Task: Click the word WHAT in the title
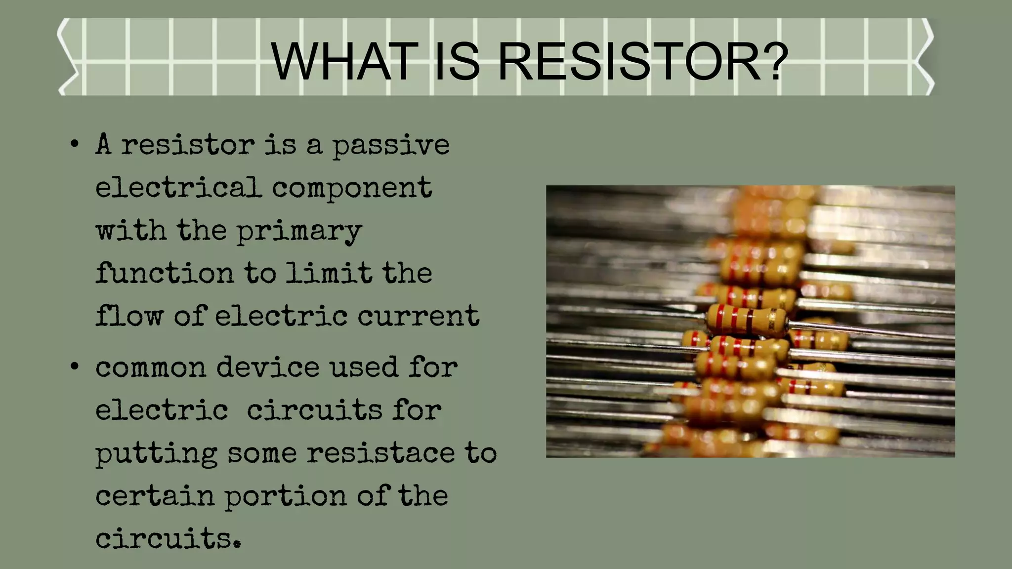344,62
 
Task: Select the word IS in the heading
457,62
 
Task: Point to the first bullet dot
74,145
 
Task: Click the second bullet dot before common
74,367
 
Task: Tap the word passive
390,146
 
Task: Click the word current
418,316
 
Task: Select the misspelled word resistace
380,453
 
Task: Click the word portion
286,496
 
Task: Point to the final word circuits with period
168,538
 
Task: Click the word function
164,273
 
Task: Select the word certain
155,496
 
